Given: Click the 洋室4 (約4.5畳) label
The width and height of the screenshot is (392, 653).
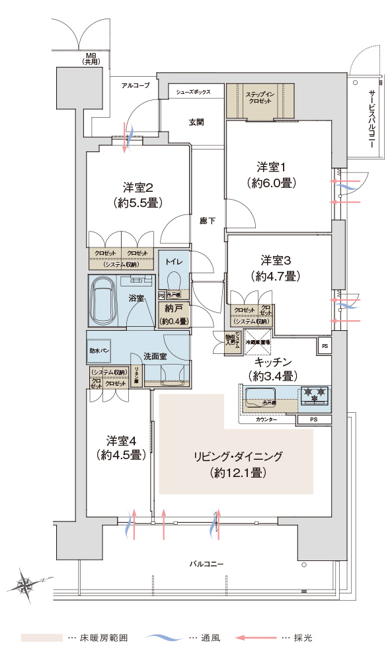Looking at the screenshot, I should (120, 447).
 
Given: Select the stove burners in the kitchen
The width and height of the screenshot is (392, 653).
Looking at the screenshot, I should (313, 396).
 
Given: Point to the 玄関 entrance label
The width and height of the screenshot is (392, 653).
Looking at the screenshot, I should (196, 122).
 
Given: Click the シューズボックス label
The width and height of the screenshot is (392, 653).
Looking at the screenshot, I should (193, 92).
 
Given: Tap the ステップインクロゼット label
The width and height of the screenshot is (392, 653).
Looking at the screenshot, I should (260, 99).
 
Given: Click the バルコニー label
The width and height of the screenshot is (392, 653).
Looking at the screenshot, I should (206, 564).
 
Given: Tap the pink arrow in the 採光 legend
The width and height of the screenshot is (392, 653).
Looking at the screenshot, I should (255, 638).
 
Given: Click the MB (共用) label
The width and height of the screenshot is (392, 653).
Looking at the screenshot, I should (91, 58).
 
